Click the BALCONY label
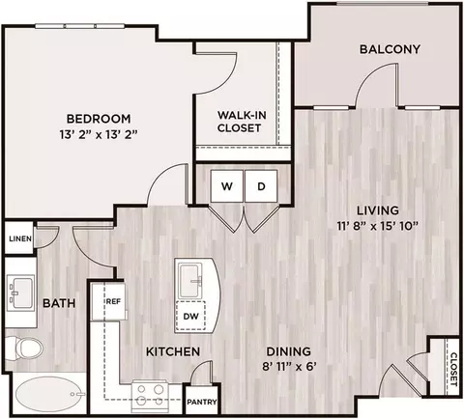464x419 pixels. point(390,49)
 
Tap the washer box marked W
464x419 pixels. point(227,186)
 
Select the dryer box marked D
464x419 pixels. point(261,186)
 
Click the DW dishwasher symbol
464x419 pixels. point(190,316)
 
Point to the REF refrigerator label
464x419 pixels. point(113,301)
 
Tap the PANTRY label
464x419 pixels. point(202,402)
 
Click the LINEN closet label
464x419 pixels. point(20,238)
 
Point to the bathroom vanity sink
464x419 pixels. point(20,293)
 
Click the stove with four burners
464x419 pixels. point(150,396)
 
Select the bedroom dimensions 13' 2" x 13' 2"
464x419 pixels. point(99,134)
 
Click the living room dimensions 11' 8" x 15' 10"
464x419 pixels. point(377,226)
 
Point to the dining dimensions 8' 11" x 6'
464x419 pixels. point(288,367)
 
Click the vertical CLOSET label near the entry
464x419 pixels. point(453,370)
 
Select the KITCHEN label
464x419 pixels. point(173,351)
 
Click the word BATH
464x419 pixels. point(59,303)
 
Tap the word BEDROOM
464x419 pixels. point(99,119)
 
